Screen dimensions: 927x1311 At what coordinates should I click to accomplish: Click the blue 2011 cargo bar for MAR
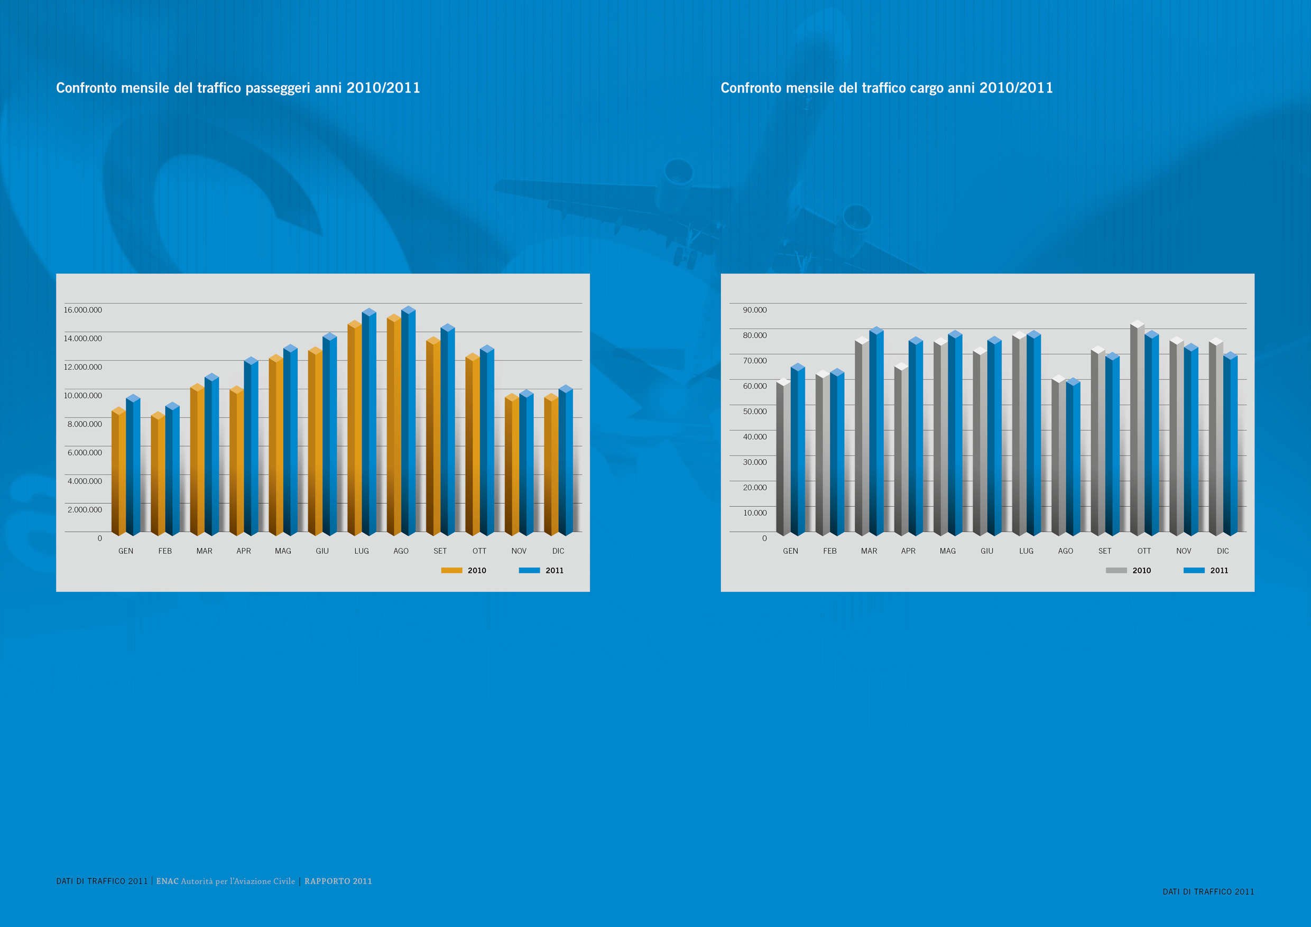coord(876,434)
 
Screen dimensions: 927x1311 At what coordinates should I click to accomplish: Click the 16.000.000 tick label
coord(83,310)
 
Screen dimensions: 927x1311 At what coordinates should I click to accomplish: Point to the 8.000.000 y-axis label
coord(85,424)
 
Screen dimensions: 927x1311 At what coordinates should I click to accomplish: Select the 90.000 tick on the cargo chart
coord(754,310)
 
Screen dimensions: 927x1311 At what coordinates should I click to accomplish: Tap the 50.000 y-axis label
coord(754,412)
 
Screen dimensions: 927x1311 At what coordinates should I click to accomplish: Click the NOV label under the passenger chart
coord(519,551)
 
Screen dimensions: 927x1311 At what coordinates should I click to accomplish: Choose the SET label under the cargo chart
coord(1104,551)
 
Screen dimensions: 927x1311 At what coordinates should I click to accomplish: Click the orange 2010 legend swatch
coord(451,570)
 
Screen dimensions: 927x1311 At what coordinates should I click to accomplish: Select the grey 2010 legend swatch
coord(1116,570)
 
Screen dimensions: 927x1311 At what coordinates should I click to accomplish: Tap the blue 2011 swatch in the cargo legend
coord(1193,570)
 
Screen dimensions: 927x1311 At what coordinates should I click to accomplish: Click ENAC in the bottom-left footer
coord(167,882)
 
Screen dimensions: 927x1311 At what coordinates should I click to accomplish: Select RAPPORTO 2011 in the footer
coord(338,882)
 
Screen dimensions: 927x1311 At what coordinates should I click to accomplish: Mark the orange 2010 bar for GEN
coord(119,474)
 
